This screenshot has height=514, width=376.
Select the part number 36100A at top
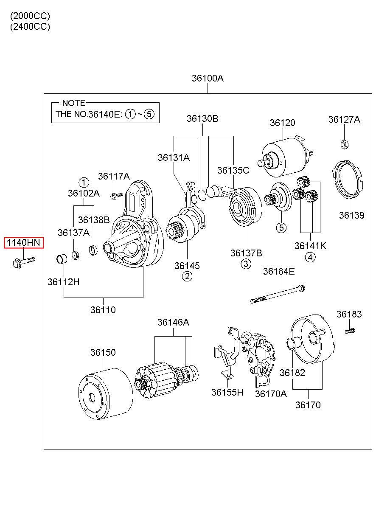click(x=207, y=79)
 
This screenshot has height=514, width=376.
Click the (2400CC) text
click(x=30, y=26)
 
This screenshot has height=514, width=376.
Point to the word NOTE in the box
click(x=73, y=103)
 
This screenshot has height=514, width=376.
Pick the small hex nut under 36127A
click(x=344, y=144)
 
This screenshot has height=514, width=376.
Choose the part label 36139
click(x=351, y=215)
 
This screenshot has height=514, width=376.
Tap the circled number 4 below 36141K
click(x=310, y=257)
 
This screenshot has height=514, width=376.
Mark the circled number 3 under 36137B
click(x=246, y=264)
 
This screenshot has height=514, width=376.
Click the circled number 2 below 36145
click(x=187, y=277)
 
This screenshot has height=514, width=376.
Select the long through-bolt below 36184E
click(x=278, y=294)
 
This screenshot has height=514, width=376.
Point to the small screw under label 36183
click(x=350, y=330)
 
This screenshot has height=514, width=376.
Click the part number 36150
click(x=103, y=353)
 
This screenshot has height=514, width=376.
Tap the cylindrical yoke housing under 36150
click(x=106, y=395)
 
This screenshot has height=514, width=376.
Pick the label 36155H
click(x=227, y=393)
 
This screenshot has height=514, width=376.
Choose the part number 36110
click(x=103, y=310)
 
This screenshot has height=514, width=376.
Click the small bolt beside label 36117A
click(x=115, y=196)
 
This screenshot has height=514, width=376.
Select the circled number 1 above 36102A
click(x=84, y=183)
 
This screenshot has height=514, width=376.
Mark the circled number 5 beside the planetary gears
click(x=281, y=228)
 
